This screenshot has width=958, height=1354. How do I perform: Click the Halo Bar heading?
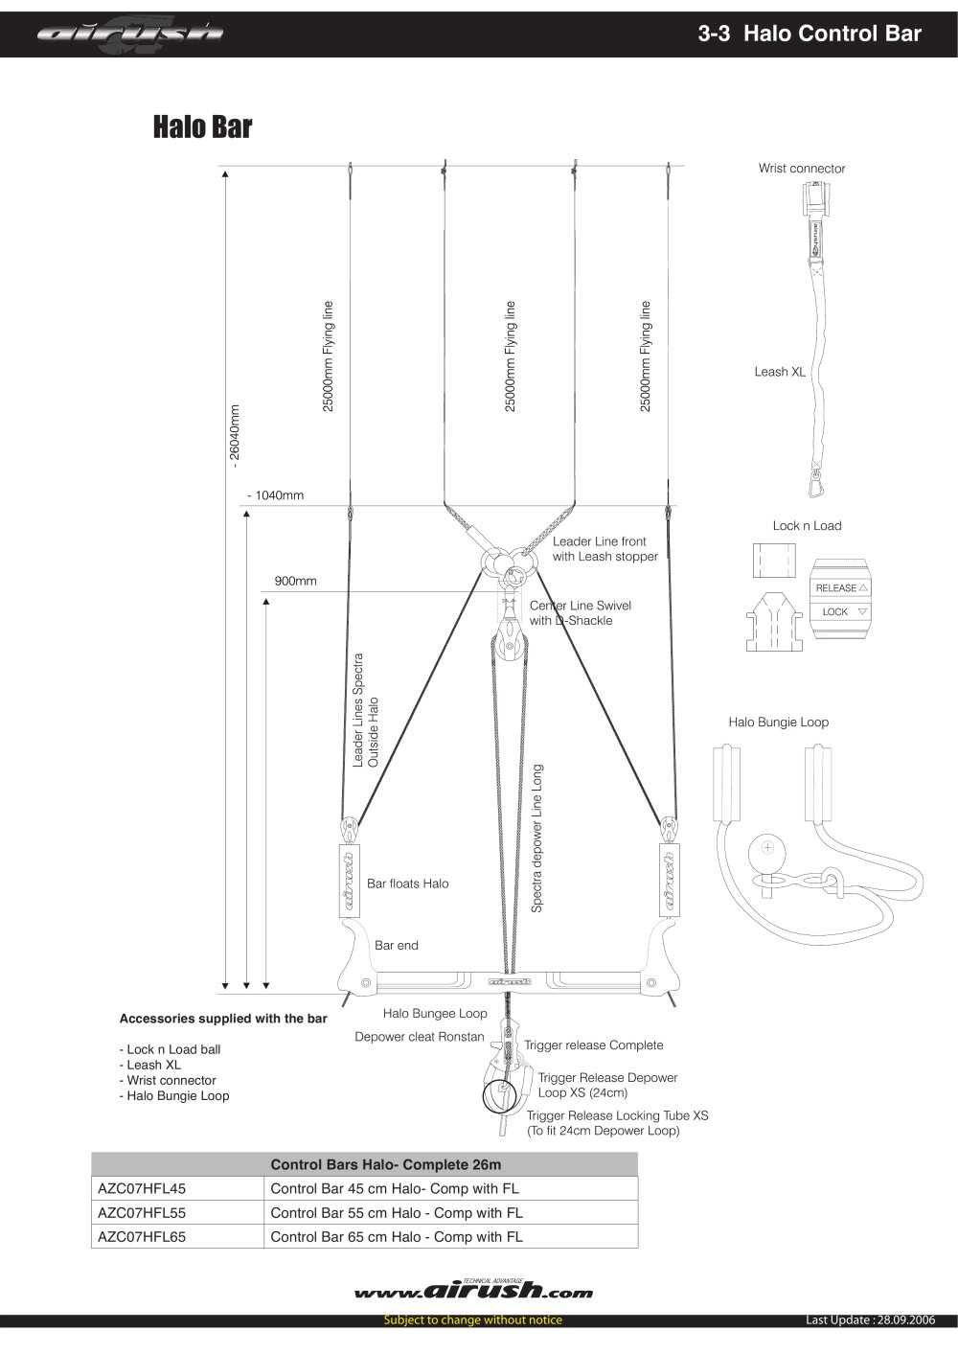202,126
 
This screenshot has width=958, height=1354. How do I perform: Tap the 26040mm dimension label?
235,432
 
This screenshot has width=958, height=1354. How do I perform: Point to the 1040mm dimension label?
276,495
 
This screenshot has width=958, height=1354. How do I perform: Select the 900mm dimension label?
296,581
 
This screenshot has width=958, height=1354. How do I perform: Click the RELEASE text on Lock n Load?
836,588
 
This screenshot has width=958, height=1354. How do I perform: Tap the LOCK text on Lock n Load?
834,611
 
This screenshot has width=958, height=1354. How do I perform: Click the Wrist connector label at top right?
802,169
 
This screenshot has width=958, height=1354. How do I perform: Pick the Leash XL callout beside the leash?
780,372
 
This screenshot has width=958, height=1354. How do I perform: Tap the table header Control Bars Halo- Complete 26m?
386,1165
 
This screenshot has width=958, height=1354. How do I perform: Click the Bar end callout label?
396,946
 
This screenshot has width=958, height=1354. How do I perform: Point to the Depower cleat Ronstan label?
420,1037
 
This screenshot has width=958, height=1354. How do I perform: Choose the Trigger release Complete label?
594,1045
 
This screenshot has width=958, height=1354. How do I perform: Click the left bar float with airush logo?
350,880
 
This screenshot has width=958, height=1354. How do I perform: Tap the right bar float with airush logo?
670,880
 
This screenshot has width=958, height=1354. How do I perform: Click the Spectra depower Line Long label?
536,838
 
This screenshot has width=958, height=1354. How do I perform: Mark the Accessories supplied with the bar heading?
223,1019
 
